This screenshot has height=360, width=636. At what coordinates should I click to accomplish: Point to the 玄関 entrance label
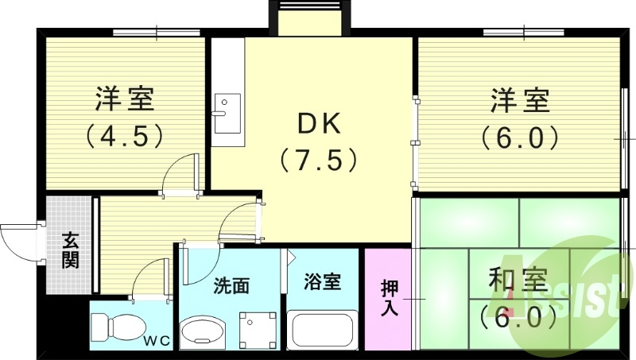pos(70,249)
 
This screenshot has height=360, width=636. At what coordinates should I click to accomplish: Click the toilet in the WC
pos(114,327)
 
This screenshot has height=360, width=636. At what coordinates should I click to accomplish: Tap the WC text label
pos(157,342)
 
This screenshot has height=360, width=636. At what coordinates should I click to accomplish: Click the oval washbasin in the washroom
pos(204,331)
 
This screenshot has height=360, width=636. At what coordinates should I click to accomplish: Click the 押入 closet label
pos(389,297)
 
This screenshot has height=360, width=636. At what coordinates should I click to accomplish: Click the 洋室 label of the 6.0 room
pos(519,102)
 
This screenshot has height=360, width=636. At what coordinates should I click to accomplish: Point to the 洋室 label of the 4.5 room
pos(125,99)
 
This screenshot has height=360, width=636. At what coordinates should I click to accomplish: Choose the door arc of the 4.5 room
pos(176,171)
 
